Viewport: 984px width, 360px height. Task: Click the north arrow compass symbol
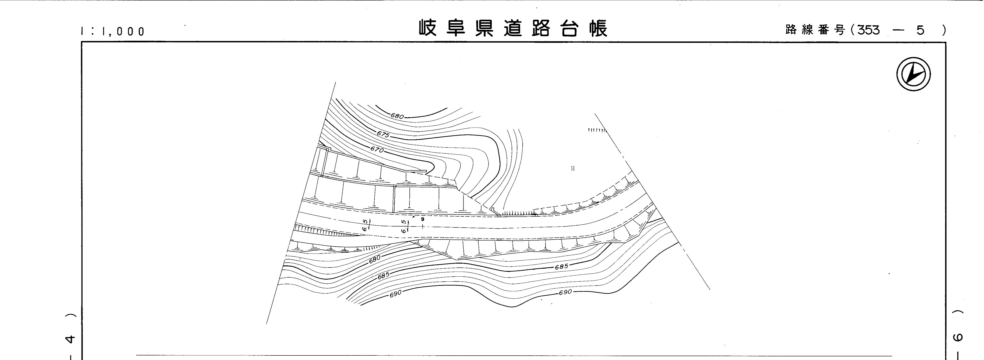[x=913, y=74]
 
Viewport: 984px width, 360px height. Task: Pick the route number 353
[x=868, y=30]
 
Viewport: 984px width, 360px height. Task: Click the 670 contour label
[x=377, y=149]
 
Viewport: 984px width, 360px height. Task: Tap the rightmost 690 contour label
[x=565, y=292]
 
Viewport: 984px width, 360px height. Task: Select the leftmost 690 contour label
[x=396, y=293]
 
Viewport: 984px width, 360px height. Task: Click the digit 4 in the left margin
[x=70, y=339]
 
